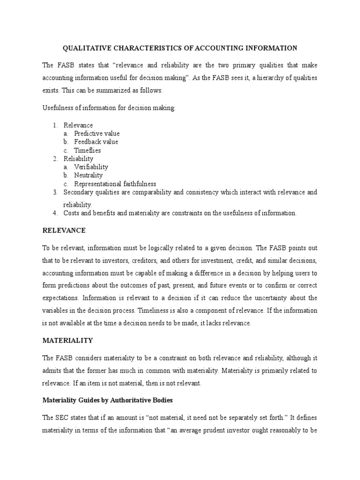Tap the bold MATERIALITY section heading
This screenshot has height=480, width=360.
tap(67, 340)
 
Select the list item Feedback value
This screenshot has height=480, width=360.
tap(96, 142)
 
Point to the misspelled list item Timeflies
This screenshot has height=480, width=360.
tap(88, 150)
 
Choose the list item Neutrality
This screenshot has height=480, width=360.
tap(89, 175)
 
